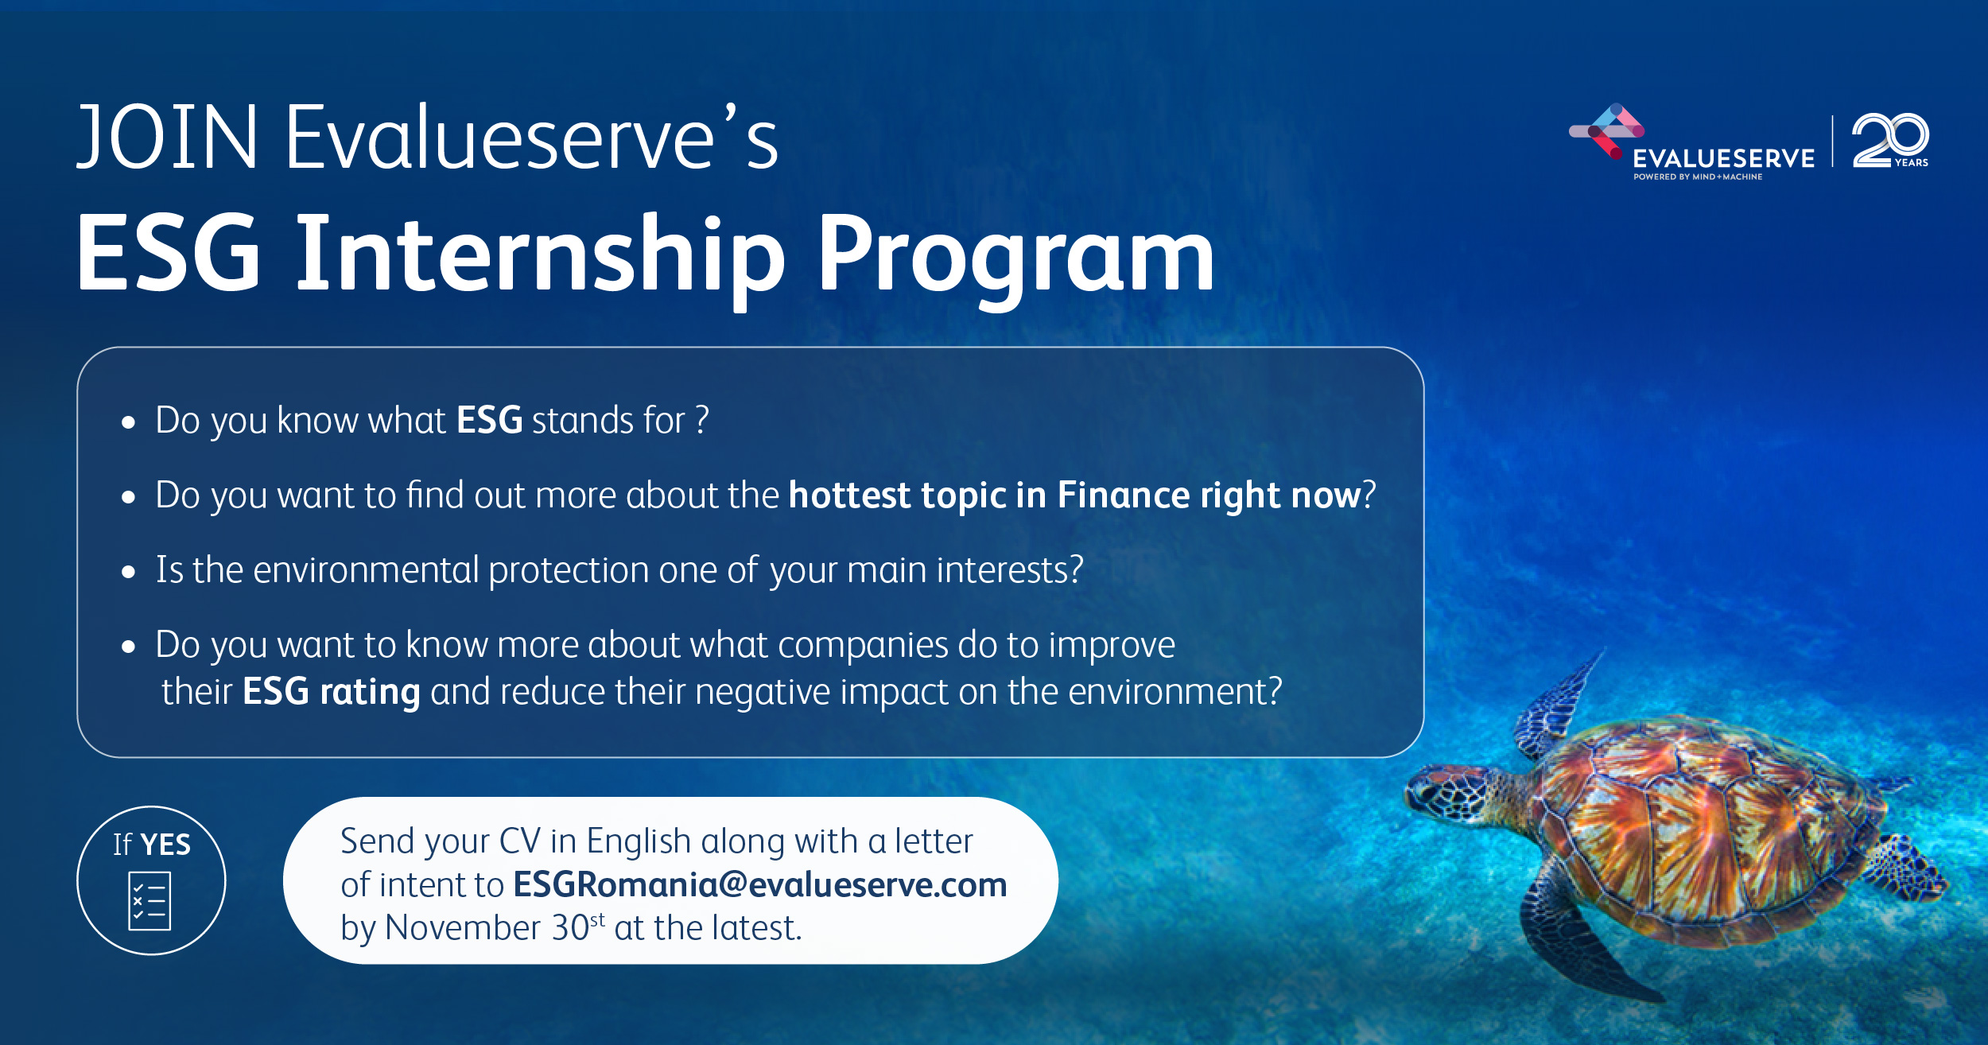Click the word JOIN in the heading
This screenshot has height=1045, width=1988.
168,137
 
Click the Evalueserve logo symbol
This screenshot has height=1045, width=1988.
1606,130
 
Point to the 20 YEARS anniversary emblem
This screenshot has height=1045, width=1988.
1890,141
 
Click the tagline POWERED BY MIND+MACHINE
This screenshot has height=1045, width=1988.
1698,177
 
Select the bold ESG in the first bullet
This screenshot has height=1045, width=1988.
489,420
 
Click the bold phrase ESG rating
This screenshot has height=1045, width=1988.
331,691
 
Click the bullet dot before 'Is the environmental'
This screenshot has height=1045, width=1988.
129,573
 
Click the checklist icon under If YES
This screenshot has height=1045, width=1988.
149,901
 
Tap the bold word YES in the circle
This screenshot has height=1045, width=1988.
165,845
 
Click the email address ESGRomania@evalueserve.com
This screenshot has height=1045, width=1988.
760,884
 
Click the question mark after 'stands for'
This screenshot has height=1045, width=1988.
701,419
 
